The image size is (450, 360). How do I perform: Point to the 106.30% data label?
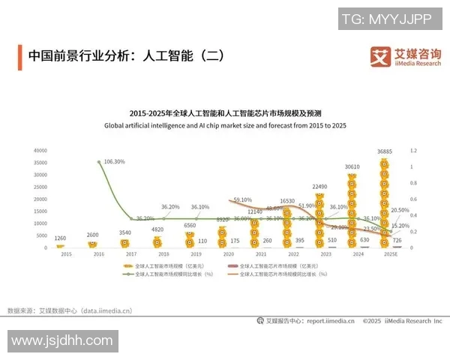[x=115, y=161]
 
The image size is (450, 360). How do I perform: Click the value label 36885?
[x=385, y=151]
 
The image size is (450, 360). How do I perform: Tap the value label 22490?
[x=319, y=187]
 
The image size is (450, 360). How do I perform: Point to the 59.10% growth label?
[x=242, y=200]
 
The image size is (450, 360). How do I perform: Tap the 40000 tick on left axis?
[x=40, y=151]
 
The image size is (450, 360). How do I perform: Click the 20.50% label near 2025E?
[x=400, y=211]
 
